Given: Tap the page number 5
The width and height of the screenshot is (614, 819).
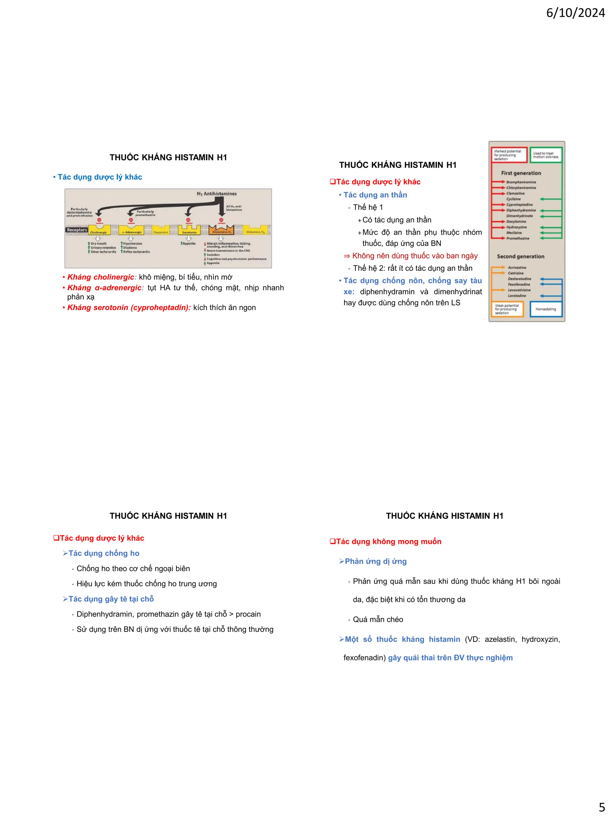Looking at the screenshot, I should (x=602, y=807).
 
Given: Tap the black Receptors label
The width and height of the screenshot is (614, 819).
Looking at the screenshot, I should (x=77, y=230).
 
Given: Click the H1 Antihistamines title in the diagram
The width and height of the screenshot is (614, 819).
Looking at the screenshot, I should (x=216, y=194).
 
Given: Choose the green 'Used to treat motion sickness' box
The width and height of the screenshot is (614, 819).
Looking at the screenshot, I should (x=546, y=155).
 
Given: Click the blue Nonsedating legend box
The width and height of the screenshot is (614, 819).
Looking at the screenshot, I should (x=546, y=309).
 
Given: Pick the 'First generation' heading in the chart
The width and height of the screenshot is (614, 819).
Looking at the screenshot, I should (x=521, y=173).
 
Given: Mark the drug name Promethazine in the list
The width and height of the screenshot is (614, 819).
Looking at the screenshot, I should (x=517, y=238).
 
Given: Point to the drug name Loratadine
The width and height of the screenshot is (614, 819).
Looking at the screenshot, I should (x=517, y=296).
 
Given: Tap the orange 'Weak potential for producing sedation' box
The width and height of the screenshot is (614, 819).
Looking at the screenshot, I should (x=507, y=309).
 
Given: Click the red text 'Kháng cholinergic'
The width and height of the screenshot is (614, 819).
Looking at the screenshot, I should (x=101, y=277).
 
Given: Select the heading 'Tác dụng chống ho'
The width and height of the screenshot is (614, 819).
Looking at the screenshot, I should (x=104, y=553).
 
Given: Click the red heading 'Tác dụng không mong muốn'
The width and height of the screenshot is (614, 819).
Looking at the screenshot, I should (x=388, y=541).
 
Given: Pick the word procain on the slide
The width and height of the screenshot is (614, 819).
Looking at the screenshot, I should (x=248, y=614).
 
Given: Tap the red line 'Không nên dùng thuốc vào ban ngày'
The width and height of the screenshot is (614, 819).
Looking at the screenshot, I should (x=415, y=256).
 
